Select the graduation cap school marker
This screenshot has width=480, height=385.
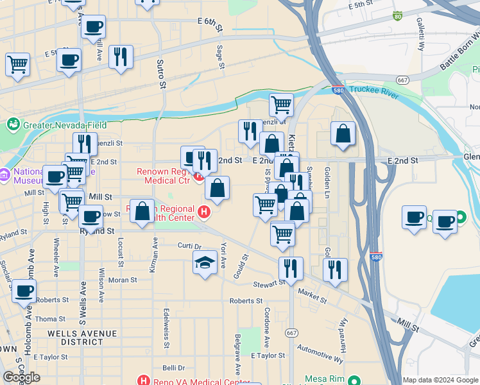click(205, 262)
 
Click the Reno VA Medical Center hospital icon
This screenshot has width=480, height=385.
click(144, 381)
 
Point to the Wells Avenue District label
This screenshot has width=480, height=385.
click(82, 338)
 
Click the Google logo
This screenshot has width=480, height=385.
click(21, 377)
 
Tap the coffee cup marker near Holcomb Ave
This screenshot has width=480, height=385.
click(24, 291)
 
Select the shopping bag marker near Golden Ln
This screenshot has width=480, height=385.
click(343, 133)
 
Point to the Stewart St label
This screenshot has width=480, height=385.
click(268, 283)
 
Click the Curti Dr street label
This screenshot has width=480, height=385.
click(189, 246)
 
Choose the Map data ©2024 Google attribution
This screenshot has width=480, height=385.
click(440, 380)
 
